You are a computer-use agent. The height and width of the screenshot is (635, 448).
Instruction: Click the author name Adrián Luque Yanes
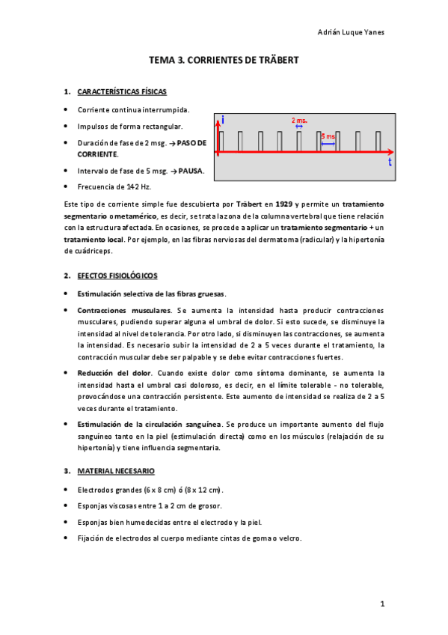(352, 32)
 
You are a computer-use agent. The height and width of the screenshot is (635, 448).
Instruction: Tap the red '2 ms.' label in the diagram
(299, 120)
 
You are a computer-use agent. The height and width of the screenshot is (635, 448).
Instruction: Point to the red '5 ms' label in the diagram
(328, 136)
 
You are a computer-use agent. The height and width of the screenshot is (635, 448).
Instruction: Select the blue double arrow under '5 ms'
(328, 143)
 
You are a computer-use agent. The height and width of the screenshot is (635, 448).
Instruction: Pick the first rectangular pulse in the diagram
(221, 142)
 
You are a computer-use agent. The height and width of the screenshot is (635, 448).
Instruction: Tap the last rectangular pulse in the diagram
(378, 142)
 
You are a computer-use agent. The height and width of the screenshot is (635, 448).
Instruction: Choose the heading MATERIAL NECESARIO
(115, 471)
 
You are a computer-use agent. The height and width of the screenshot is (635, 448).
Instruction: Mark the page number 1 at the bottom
(381, 604)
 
